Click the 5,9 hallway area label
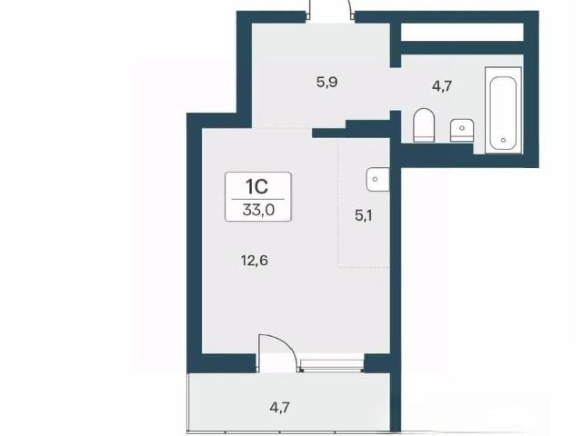326,82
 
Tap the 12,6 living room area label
255,261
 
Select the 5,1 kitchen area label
364,216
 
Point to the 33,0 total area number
258,210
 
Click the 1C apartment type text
256,186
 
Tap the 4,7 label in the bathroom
442,86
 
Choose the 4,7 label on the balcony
279,408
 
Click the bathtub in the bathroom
503,110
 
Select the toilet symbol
424,124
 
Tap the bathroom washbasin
462,130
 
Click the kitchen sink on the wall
377,180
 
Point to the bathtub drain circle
503,140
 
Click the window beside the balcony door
331,365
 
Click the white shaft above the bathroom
462,33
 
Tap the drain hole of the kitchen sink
375,180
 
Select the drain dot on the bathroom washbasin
462,128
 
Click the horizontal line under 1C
258,200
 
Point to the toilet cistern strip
424,139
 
